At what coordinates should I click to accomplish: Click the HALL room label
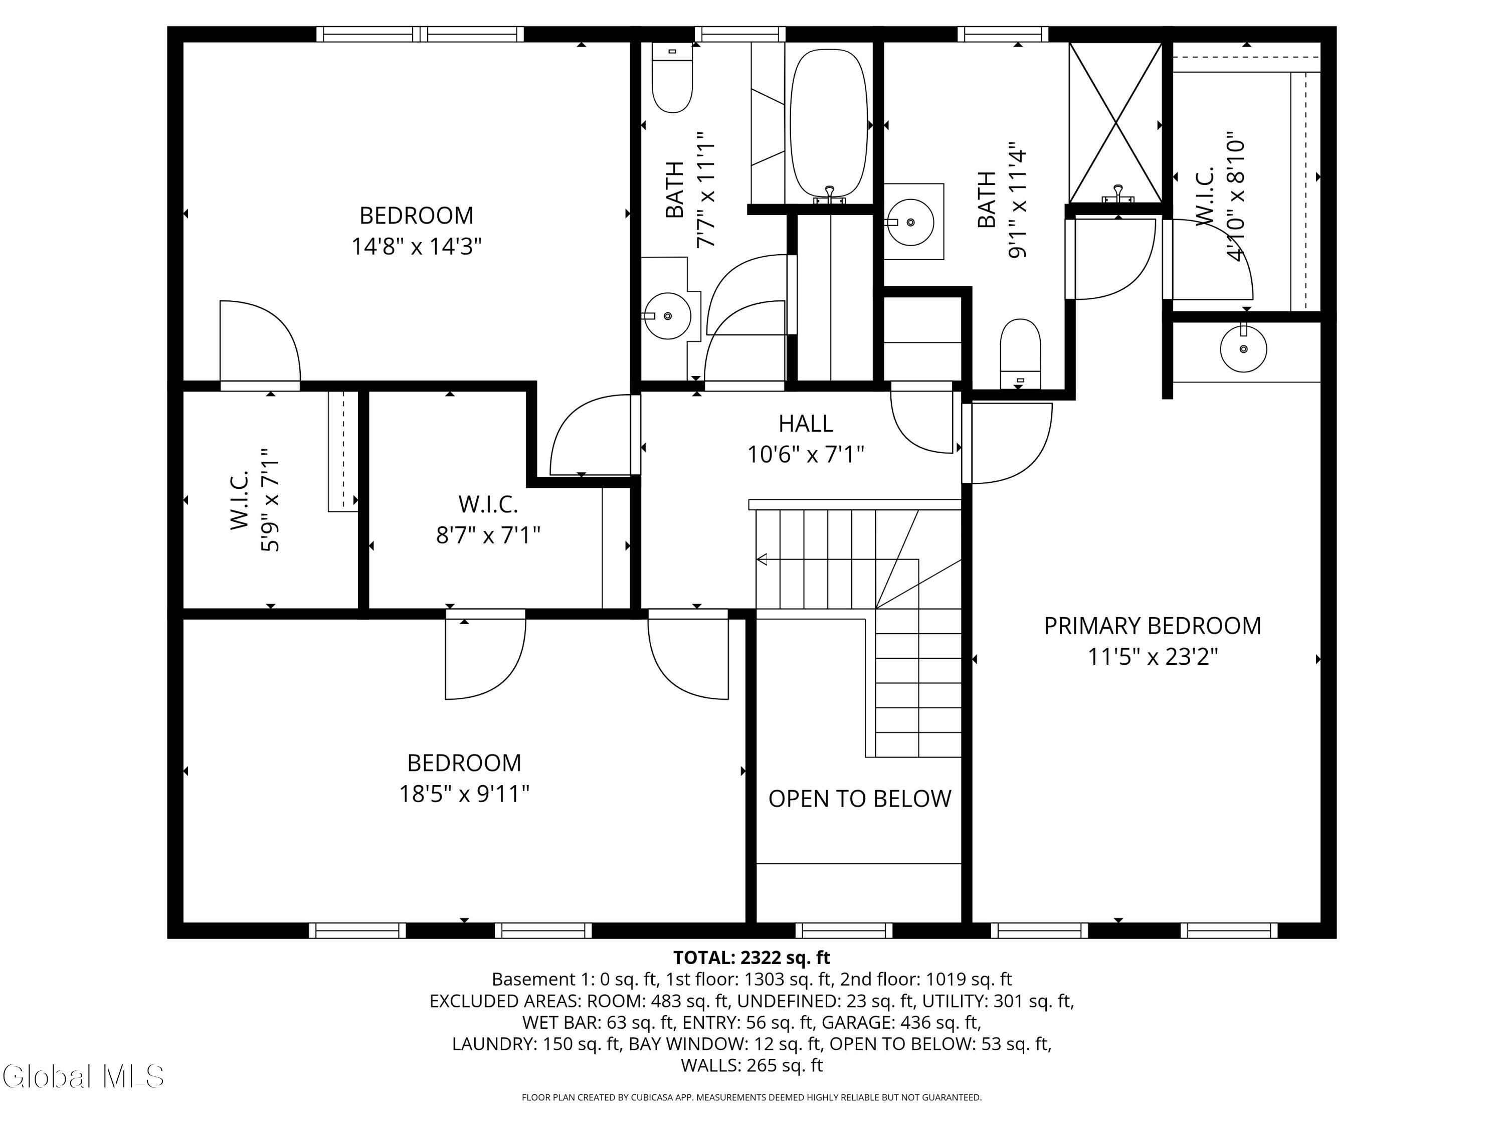[x=806, y=424]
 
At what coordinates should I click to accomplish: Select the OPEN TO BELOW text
[x=859, y=798]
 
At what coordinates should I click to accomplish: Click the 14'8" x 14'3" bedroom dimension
[x=416, y=246]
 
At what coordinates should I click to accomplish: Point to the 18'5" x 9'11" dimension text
[x=464, y=794]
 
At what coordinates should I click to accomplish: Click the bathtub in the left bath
[x=829, y=122]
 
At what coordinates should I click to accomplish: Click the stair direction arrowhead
[x=762, y=559]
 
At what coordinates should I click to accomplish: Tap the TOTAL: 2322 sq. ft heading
[x=751, y=958]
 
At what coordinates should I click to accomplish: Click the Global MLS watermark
[x=83, y=1076]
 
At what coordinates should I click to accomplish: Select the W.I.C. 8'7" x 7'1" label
[x=487, y=519]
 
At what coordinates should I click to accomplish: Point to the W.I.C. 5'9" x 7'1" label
[x=255, y=500]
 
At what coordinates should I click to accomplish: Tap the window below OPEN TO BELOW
[x=844, y=930]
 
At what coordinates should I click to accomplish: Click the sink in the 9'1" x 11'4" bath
[x=910, y=222]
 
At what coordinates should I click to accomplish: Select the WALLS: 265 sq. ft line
[x=751, y=1065]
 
